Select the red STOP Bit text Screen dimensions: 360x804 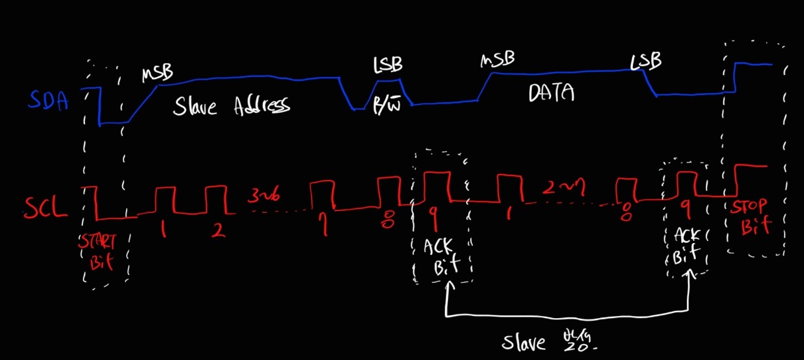point(752,217)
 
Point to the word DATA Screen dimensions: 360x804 point(550,94)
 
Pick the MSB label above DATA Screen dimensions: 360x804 point(497,60)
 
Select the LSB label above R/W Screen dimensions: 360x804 point(388,65)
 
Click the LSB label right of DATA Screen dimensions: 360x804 point(646,62)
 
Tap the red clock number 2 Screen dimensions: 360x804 point(218,230)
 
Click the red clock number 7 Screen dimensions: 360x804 point(325,226)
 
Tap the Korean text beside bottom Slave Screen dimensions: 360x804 point(579,341)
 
